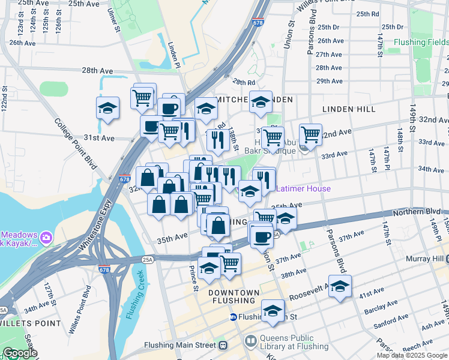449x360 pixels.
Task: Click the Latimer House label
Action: pos(303,188)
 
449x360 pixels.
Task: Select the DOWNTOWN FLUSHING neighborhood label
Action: pos(234,292)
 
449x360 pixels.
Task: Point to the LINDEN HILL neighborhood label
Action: pos(349,109)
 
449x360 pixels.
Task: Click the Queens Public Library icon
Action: pos(252,341)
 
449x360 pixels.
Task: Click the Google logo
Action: pos(20,353)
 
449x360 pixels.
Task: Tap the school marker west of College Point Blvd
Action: pos(108,108)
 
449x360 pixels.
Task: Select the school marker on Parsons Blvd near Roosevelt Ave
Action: pos(340,286)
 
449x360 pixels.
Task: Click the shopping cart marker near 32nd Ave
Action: pos(310,134)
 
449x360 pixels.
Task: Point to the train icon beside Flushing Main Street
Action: pos(223,346)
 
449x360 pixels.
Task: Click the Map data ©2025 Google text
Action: pos(412,355)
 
